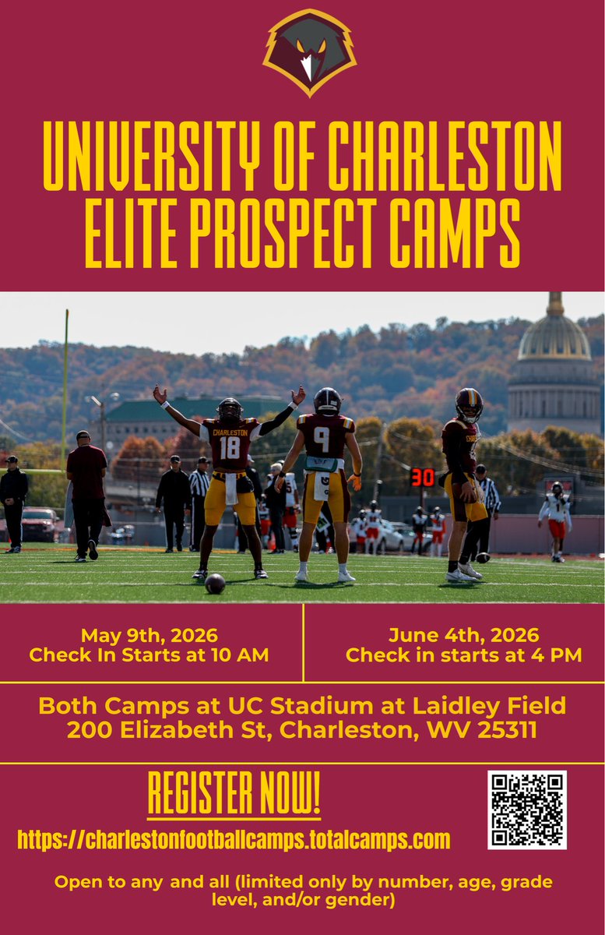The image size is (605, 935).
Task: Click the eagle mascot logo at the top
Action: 310,51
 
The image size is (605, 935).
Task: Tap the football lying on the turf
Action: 215,584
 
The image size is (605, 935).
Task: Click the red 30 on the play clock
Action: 423,478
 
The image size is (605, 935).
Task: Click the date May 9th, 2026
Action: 149,635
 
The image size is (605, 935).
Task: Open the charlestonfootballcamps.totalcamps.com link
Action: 234,840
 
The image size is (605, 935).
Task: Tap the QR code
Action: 527,810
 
